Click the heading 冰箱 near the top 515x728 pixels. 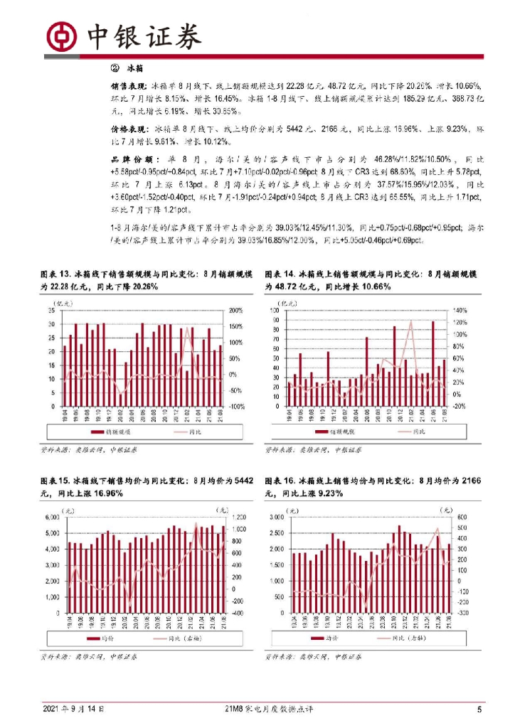tap(136, 68)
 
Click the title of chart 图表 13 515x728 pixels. tap(142, 280)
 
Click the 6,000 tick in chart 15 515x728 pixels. tap(51, 517)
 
